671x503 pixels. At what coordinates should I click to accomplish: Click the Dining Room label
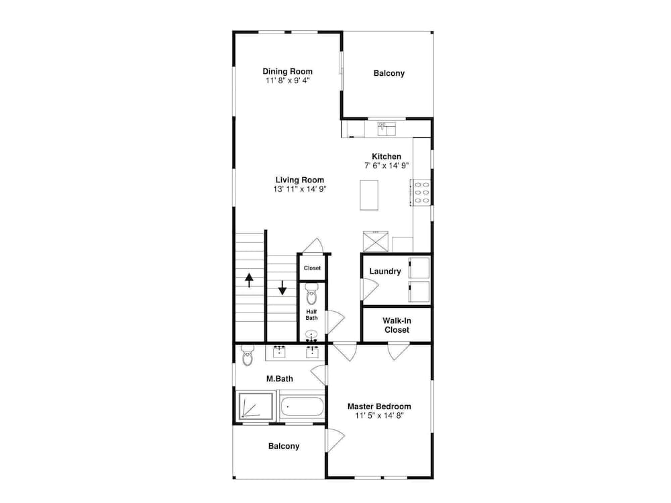pyautogui.click(x=288, y=72)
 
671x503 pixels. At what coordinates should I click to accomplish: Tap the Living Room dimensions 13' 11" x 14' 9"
pyautogui.click(x=300, y=189)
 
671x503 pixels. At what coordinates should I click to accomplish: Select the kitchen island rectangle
pyautogui.click(x=369, y=195)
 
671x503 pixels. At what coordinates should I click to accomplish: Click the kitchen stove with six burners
pyautogui.click(x=421, y=192)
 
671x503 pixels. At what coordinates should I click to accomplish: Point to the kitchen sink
pyautogui.click(x=386, y=129)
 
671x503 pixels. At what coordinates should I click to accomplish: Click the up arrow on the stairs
pyautogui.click(x=249, y=280)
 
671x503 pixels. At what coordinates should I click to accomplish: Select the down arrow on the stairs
pyautogui.click(x=282, y=288)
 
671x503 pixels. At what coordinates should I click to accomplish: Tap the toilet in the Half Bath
pyautogui.click(x=311, y=294)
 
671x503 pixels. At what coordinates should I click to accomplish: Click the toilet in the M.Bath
pyautogui.click(x=248, y=355)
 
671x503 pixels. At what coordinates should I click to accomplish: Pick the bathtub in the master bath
pyautogui.click(x=302, y=407)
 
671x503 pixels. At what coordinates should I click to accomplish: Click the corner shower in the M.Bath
pyautogui.click(x=255, y=406)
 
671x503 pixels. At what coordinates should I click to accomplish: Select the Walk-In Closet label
pyautogui.click(x=397, y=325)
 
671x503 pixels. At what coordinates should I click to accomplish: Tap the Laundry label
pyautogui.click(x=385, y=271)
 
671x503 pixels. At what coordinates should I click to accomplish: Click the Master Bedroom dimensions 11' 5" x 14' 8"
pyautogui.click(x=379, y=415)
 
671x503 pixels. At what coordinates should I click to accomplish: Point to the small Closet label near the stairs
pyautogui.click(x=312, y=268)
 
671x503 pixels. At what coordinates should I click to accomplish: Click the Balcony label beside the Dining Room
pyautogui.click(x=389, y=73)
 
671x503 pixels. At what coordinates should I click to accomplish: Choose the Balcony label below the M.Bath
pyautogui.click(x=284, y=446)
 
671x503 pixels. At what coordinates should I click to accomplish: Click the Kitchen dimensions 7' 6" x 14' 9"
pyautogui.click(x=386, y=166)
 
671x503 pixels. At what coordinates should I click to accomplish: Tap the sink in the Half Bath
pyautogui.click(x=311, y=335)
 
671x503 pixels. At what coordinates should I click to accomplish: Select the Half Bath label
pyautogui.click(x=311, y=315)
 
